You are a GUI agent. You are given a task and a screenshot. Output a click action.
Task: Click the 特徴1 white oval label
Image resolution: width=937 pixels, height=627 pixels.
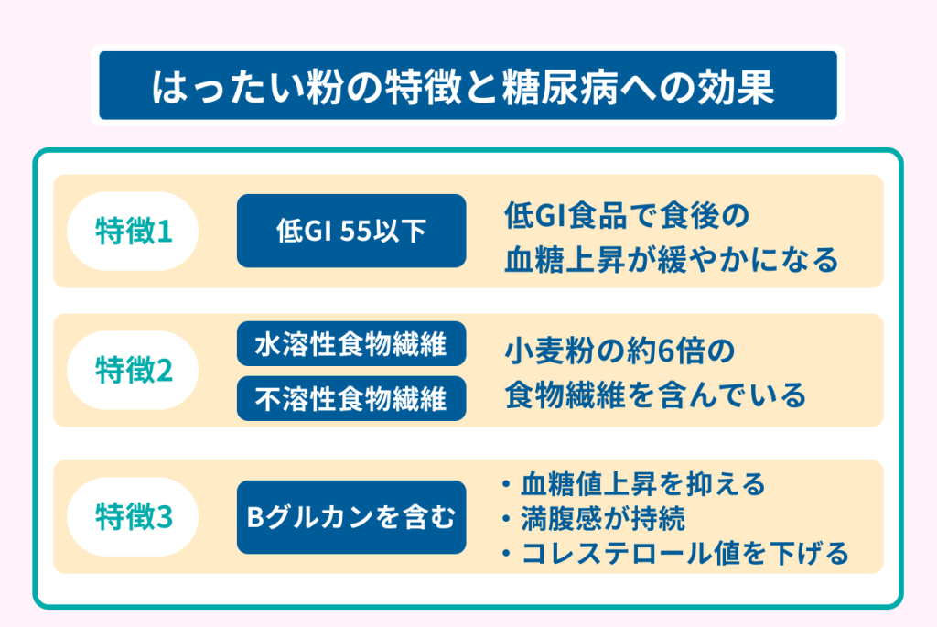133,232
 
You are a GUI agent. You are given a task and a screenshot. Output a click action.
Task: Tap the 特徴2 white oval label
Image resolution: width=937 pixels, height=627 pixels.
133,371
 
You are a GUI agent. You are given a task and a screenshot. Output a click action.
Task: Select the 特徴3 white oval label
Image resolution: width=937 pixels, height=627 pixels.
133,517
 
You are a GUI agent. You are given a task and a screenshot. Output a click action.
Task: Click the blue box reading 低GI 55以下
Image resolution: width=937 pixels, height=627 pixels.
351,231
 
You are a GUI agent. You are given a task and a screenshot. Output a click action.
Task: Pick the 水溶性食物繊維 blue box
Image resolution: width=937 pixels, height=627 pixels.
351,343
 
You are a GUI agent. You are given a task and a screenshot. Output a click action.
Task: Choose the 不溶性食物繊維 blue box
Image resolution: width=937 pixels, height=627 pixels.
351,399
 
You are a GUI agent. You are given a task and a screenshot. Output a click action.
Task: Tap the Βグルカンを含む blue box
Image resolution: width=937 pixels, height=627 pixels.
351,517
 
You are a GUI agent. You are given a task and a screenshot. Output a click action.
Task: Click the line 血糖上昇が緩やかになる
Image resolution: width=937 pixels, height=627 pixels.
672,260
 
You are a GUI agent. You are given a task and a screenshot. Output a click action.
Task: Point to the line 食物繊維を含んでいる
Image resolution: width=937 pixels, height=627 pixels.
655,395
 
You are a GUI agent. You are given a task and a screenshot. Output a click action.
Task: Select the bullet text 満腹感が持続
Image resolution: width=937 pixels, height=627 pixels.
603,518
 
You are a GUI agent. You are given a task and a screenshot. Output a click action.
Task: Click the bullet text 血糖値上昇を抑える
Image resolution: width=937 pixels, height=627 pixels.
643,484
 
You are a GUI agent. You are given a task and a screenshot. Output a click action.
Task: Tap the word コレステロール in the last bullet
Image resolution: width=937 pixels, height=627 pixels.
617,553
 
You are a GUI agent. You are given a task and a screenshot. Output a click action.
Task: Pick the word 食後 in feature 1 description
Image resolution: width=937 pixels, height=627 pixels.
688,216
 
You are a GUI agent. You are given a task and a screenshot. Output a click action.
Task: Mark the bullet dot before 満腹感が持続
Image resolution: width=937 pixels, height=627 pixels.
507,519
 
